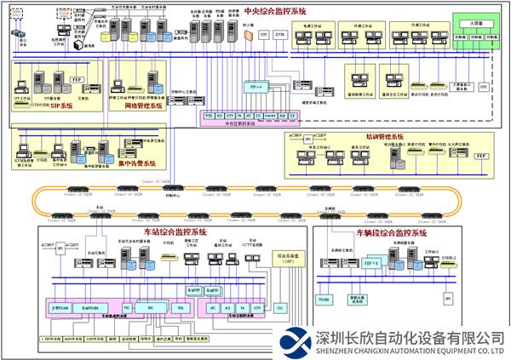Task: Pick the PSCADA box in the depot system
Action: [x=324, y=298]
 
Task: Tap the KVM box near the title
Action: [x=281, y=35]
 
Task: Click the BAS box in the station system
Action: [x=150, y=306]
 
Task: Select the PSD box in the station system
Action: [x=181, y=306]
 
